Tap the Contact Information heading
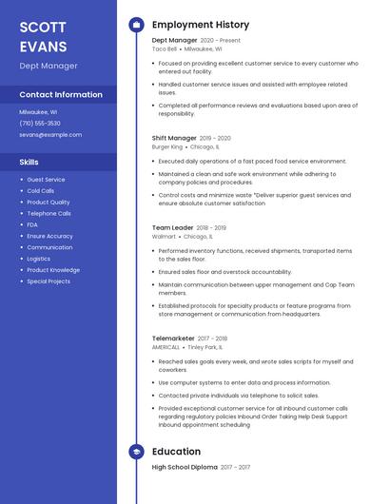[x=61, y=94]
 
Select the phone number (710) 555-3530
[x=40, y=123]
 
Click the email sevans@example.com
[x=50, y=134]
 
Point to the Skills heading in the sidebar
[x=29, y=162]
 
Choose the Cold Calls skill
[x=41, y=190]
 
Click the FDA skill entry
[x=33, y=224]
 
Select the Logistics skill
[x=39, y=259]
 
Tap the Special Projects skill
[x=49, y=281]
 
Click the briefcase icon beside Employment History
[x=136, y=24]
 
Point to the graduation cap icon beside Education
[x=136, y=452]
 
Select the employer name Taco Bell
[x=165, y=48]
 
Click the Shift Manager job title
[x=174, y=138]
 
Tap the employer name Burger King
[x=167, y=147]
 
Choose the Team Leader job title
[x=172, y=228]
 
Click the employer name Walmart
[x=165, y=237]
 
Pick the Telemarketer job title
[x=173, y=338]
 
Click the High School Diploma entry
[x=185, y=467]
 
